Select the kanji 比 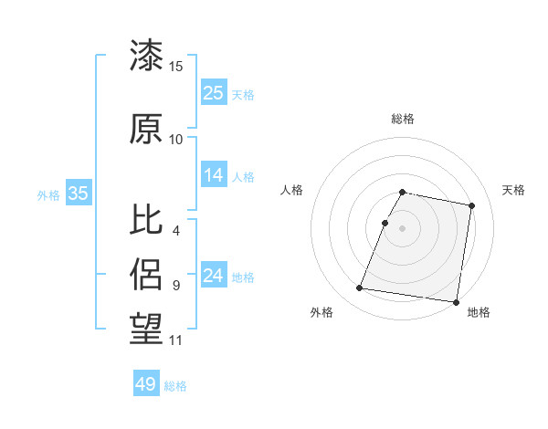tap(146, 220)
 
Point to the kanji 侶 tap(146, 272)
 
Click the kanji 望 tap(146, 326)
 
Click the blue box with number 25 tap(214, 93)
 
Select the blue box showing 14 tap(214, 176)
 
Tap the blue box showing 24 tap(214, 277)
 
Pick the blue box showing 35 tap(79, 194)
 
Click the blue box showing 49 tap(146, 384)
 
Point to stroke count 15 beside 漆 tap(176, 67)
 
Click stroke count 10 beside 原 tap(176, 140)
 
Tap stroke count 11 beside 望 tap(176, 340)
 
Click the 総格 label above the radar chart tap(403, 119)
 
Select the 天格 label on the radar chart tap(513, 190)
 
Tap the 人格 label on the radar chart tap(292, 190)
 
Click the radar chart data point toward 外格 tap(360, 288)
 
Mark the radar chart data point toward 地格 tap(457, 301)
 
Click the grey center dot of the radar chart tap(403, 228)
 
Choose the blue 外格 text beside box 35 tap(48, 194)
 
